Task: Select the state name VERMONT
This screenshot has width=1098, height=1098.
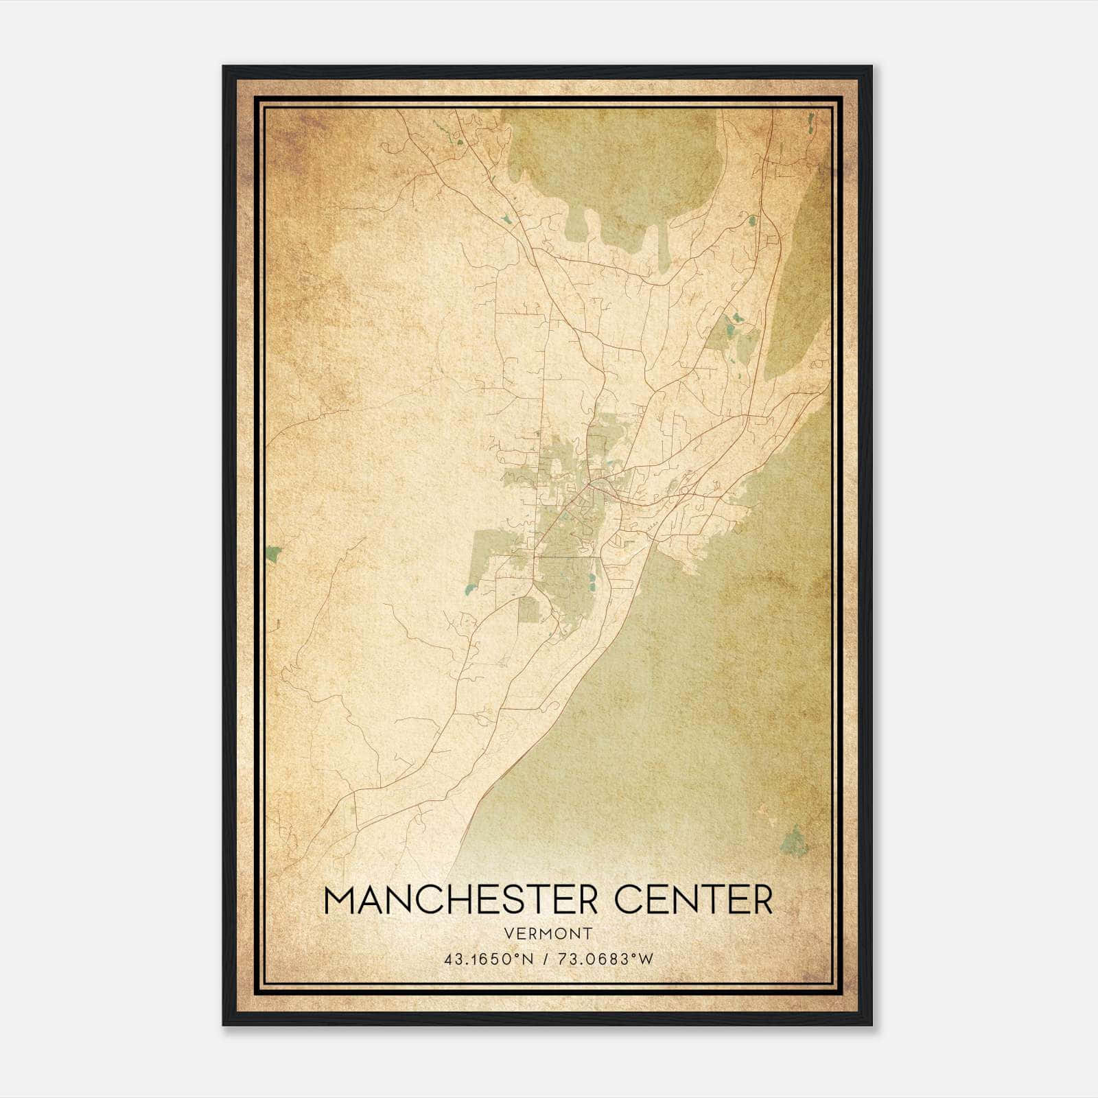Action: tap(548, 934)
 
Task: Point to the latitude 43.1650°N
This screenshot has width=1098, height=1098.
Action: tap(488, 959)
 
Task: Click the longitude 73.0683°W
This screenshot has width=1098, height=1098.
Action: tap(604, 959)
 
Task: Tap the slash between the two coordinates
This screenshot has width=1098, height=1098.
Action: tap(545, 959)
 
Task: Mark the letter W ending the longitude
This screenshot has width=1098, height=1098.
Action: tap(646, 959)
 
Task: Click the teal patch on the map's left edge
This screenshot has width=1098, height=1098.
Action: tap(274, 553)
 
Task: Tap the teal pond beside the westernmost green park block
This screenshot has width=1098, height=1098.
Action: tap(471, 587)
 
